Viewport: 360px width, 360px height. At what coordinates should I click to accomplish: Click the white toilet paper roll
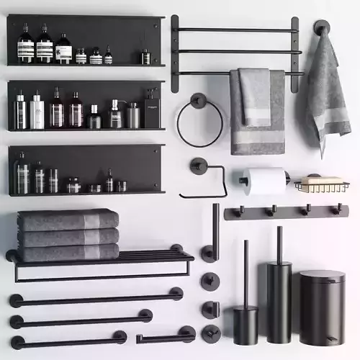265,181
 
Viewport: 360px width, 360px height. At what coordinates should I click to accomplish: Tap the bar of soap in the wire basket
322,180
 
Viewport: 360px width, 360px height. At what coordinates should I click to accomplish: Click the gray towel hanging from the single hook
328,86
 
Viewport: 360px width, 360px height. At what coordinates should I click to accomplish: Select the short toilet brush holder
245,324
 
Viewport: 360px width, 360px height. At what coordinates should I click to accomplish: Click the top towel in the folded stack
68,220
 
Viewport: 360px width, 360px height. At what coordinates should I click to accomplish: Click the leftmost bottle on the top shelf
26,45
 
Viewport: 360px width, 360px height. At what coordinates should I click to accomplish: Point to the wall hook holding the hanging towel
321,27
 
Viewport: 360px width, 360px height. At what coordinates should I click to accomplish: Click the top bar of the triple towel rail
234,30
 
